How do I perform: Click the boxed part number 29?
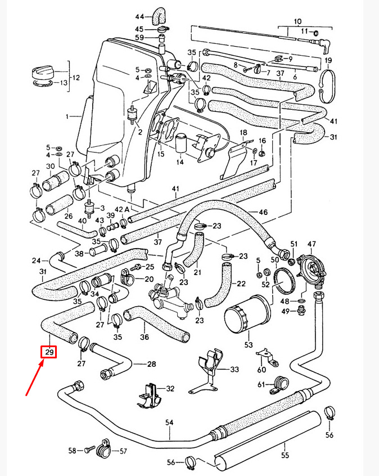tap(49, 353)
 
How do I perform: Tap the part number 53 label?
tap(248, 344)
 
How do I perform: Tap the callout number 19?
tap(328, 61)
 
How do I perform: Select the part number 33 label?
tap(234, 370)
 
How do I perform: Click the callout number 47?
tap(312, 244)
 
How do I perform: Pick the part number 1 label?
tap(68, 117)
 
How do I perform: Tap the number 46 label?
tap(263, 212)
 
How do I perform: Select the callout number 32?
tap(170, 389)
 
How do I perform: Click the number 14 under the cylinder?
tap(179, 162)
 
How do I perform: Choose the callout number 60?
tap(261, 370)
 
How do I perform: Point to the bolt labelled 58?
tap(91, 450)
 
